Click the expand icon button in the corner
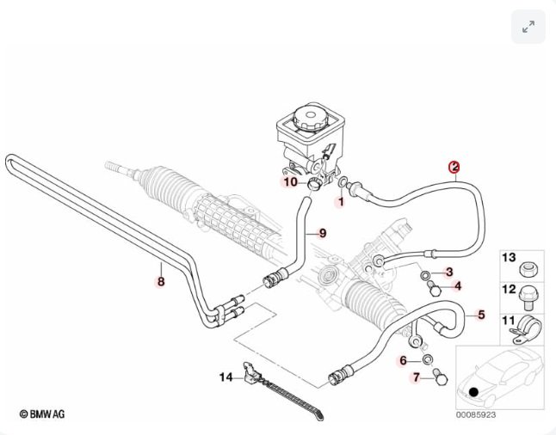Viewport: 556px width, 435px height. tap(528, 27)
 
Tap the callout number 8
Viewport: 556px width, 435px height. tap(160, 280)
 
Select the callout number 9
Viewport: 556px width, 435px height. tap(323, 233)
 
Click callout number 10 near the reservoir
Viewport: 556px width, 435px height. tap(290, 182)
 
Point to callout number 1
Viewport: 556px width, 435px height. tap(340, 203)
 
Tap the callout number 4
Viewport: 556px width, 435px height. tap(457, 286)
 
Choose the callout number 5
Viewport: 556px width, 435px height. tap(481, 315)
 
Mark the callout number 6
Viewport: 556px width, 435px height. tap(402, 360)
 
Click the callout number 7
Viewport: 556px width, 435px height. tap(416, 378)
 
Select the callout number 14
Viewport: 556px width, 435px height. tap(225, 377)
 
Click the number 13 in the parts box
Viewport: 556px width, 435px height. tap(508, 258)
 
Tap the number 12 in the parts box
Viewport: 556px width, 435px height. tap(508, 290)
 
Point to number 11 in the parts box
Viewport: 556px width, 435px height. tap(508, 322)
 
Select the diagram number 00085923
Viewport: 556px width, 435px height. tap(475, 414)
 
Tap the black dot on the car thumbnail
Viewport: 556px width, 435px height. tap(473, 392)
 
